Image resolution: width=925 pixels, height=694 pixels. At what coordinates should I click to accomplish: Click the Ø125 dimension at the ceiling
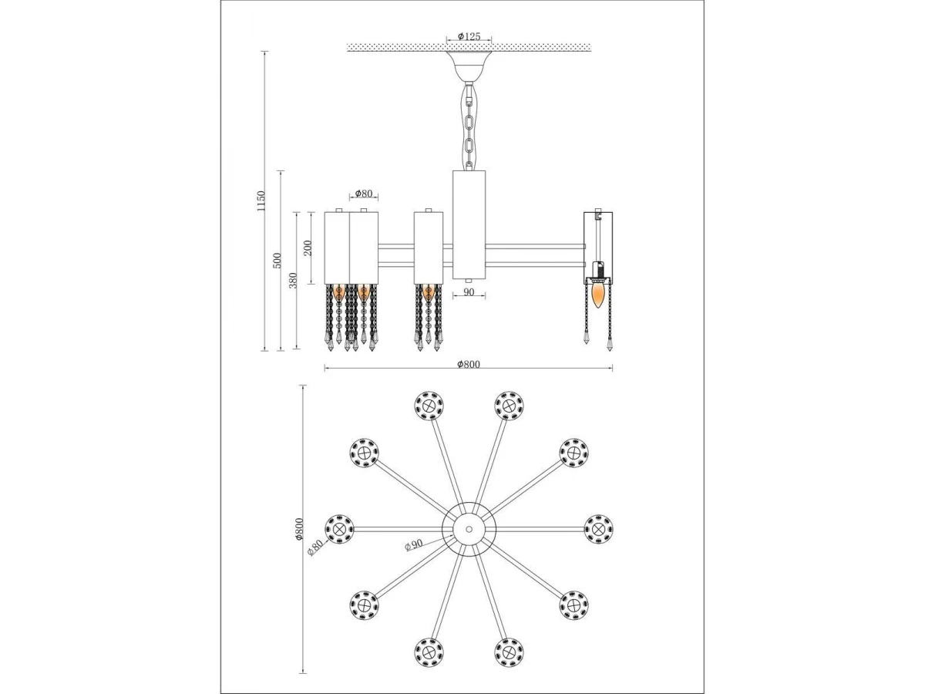469,36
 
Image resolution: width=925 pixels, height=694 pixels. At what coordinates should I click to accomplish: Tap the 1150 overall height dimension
261,201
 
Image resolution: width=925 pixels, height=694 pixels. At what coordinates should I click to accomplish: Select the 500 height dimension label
277,261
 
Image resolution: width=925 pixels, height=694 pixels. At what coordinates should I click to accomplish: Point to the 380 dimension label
294,280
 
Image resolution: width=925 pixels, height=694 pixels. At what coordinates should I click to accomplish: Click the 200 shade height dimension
308,248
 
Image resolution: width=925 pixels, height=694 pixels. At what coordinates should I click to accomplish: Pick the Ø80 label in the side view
364,193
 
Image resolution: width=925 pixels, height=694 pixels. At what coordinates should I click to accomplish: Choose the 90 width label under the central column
469,292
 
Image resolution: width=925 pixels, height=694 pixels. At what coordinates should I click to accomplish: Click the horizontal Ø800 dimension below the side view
469,364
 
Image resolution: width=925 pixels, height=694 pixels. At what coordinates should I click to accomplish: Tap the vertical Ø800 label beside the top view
299,529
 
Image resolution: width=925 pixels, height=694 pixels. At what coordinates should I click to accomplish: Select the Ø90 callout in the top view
413,545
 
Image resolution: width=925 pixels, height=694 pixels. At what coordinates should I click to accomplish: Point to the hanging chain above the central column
469,126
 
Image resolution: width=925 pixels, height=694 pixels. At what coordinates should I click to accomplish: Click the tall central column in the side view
469,224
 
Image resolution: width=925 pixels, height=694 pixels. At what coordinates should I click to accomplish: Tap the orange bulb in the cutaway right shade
597,295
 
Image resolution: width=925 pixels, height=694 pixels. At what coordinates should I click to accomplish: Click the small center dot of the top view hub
469,528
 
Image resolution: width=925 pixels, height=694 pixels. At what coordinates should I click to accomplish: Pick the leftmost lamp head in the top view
339,529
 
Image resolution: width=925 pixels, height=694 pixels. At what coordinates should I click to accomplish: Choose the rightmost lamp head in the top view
599,528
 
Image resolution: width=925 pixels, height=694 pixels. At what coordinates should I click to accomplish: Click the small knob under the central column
469,281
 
